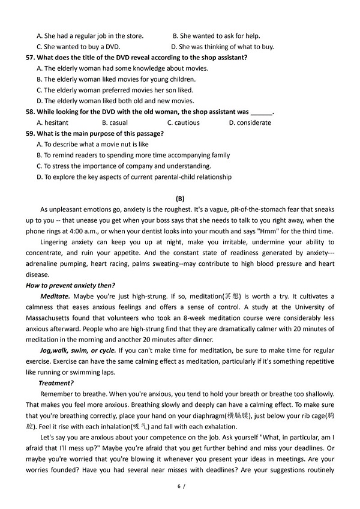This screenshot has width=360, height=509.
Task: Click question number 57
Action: [x=30, y=58]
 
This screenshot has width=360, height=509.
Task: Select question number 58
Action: [x=30, y=112]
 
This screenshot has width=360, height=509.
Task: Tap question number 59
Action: [x=30, y=133]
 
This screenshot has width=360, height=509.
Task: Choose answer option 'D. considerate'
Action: [x=250, y=122]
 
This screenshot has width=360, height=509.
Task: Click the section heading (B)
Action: [x=180, y=199]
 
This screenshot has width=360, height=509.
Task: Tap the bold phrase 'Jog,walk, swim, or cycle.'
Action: [x=78, y=350]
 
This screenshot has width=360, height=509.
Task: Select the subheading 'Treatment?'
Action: [x=56, y=383]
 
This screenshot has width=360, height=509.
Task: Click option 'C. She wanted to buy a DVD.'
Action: [x=79, y=47]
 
